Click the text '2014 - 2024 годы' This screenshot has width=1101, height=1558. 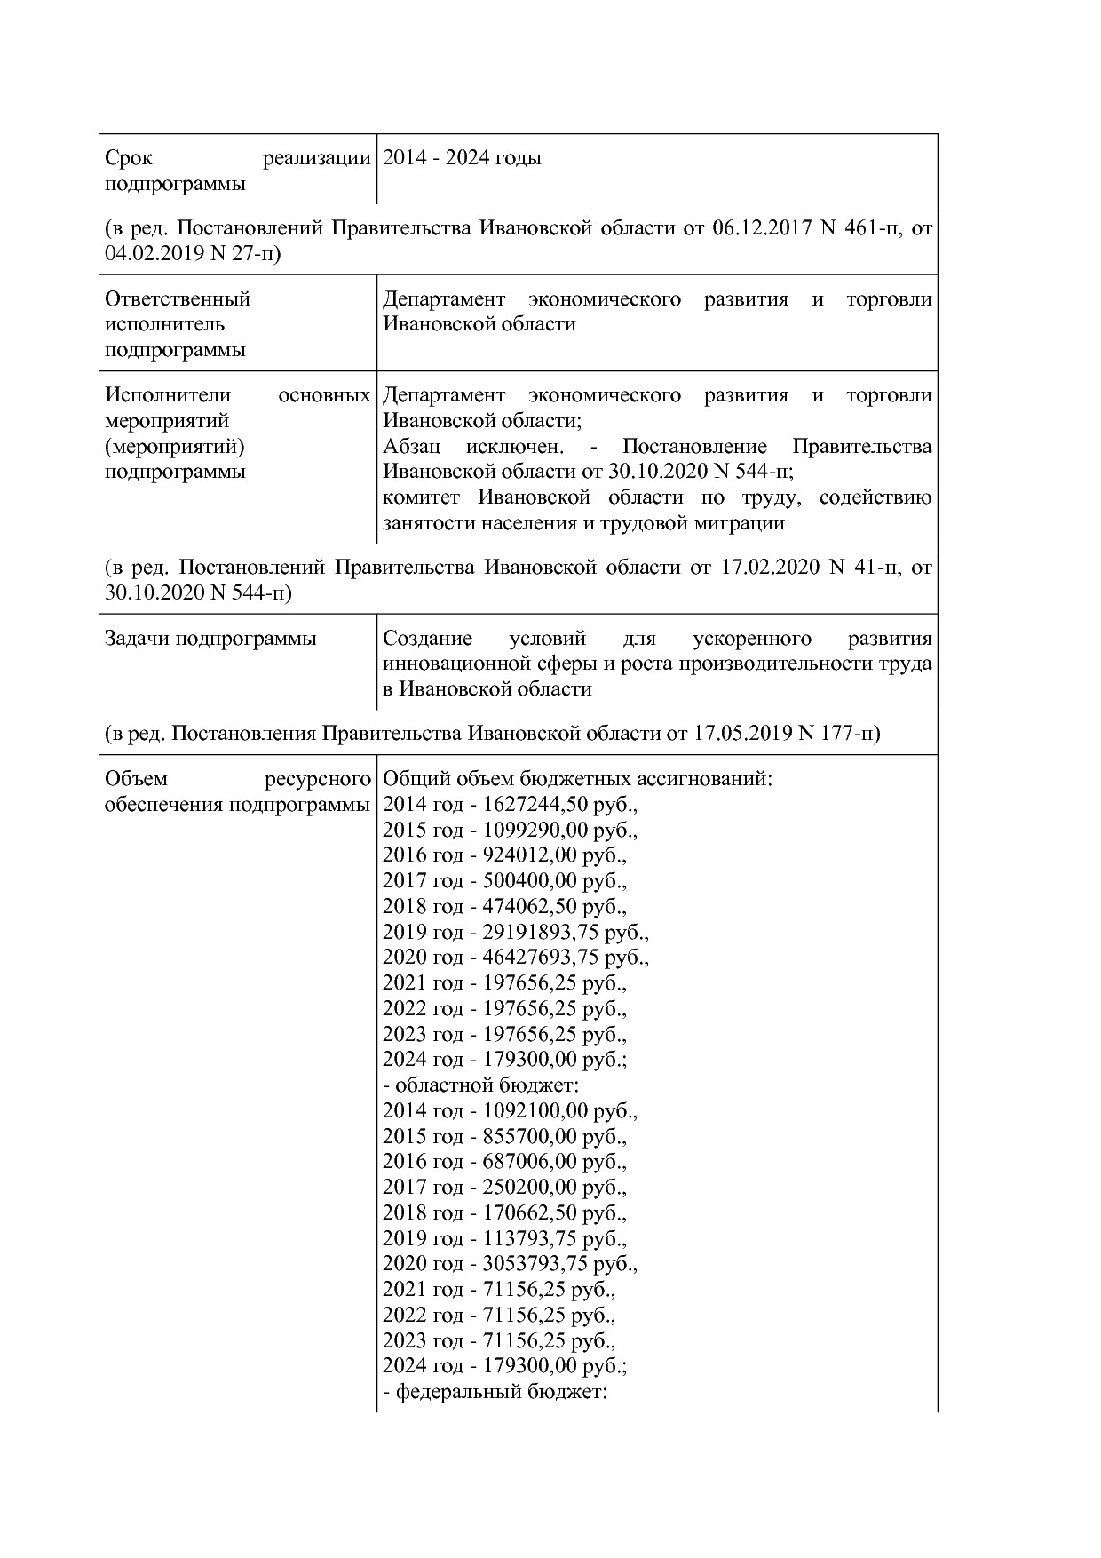tap(462, 159)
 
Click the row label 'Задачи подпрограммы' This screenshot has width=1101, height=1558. tap(210, 639)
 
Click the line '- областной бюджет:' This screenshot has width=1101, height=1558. tap(480, 1085)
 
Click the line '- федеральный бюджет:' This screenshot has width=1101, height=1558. tap(494, 1392)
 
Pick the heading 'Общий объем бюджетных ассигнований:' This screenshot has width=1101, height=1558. tap(577, 780)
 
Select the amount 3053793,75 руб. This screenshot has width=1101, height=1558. tap(559, 1264)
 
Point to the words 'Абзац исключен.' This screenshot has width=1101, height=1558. tap(479, 447)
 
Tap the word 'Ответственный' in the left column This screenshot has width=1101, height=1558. tap(178, 299)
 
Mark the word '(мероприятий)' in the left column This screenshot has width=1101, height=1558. tap(174, 447)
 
